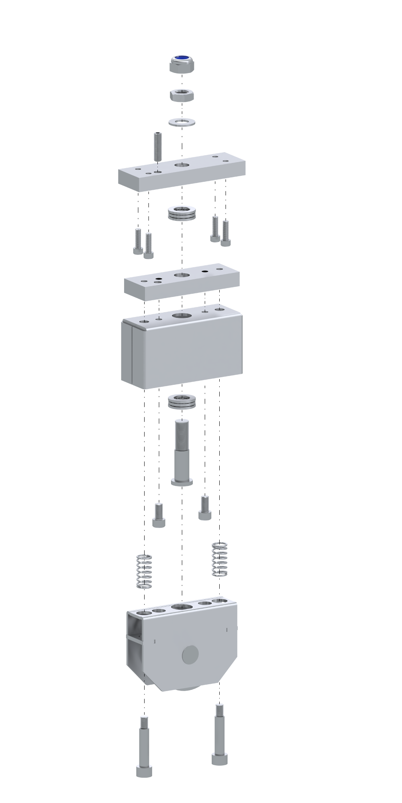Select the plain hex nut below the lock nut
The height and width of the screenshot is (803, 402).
(x=182, y=95)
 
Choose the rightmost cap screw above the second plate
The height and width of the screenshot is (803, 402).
(x=226, y=233)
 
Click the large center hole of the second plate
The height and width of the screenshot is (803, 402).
(x=182, y=275)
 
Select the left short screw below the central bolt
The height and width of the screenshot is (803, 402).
(x=159, y=515)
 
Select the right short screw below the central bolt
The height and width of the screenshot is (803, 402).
(x=205, y=508)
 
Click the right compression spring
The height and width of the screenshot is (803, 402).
(x=219, y=559)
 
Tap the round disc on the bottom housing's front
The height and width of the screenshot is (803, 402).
(x=190, y=655)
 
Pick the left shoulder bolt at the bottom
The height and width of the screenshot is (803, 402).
(x=144, y=746)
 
